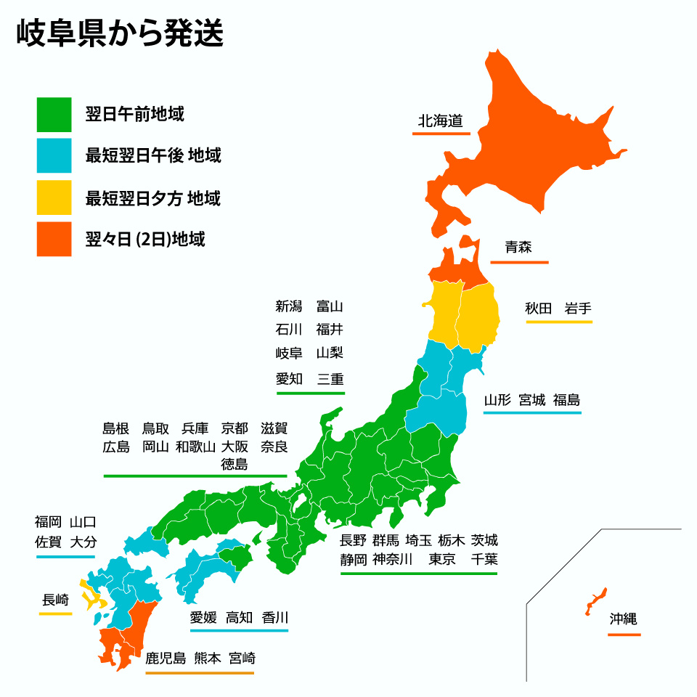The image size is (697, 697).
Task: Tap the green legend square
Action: point(54,115)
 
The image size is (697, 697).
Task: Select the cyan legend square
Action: point(54,155)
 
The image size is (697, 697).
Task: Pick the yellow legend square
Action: point(54,197)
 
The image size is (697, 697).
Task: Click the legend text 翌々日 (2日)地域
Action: point(145,239)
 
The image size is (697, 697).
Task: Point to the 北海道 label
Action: point(440,121)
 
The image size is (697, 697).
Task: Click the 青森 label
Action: point(518,247)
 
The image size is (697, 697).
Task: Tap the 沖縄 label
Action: point(623,619)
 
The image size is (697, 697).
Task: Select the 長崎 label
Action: point(55,600)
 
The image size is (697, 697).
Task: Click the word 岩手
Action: point(578,308)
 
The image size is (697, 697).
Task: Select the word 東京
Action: point(441,559)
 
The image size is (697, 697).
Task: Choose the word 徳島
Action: point(235,465)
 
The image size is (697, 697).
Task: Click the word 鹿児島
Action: point(166,659)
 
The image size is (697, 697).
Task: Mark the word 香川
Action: point(275,618)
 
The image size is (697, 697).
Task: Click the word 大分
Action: point(83,542)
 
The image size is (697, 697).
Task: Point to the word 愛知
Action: point(288,378)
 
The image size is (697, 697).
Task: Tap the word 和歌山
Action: point(195,447)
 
